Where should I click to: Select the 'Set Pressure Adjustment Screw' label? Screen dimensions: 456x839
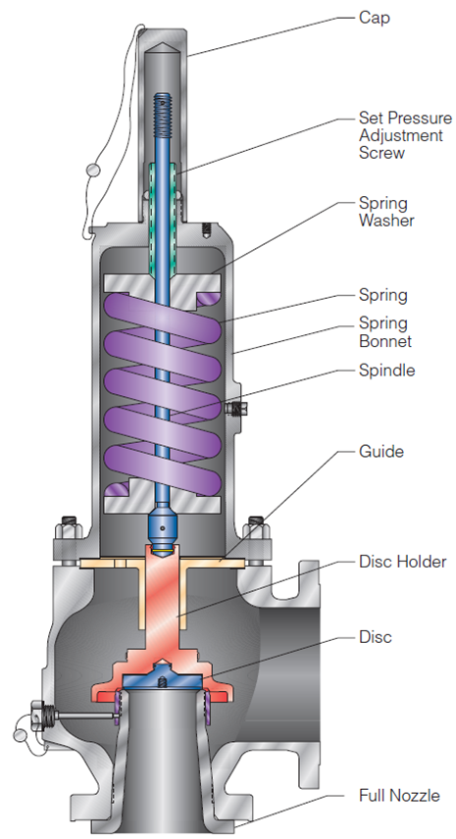click(x=405, y=135)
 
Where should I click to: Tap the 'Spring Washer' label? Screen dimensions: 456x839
click(x=386, y=212)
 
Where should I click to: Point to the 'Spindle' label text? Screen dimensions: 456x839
click(x=386, y=370)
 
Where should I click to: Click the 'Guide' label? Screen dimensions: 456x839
click(x=381, y=451)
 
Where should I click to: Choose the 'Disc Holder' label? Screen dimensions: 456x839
click(x=402, y=562)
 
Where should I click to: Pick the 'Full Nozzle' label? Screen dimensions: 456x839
click(x=399, y=795)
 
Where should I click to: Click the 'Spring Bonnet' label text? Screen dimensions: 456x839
click(x=385, y=331)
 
